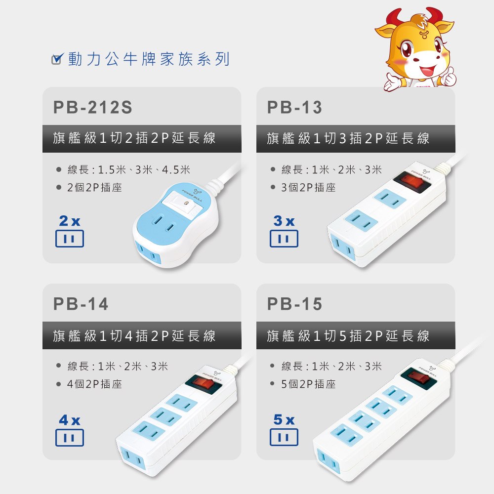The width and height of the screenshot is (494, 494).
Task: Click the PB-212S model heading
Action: point(93,107)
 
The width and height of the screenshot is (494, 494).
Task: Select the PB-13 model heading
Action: point(294,107)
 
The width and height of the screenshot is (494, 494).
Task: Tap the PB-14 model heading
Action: point(81,304)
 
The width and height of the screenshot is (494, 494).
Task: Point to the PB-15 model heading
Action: point(294,304)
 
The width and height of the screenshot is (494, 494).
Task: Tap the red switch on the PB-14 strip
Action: point(202,382)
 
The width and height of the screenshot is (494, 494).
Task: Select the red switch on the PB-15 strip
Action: point(418,378)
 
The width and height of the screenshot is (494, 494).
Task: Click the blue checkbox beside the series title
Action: point(57,59)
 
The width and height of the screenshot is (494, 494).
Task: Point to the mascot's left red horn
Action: point(394,17)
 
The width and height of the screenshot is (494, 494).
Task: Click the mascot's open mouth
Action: point(428,70)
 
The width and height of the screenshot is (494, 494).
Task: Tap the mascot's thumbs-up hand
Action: point(448,77)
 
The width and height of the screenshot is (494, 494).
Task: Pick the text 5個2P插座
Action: point(308,384)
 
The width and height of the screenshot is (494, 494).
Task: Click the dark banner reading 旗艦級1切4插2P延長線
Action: point(142,335)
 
